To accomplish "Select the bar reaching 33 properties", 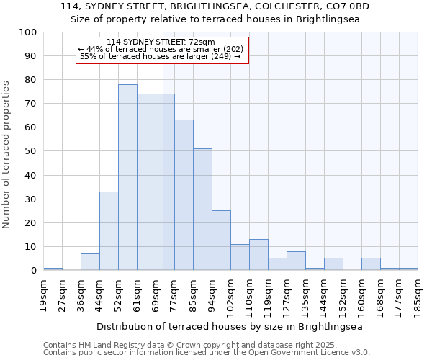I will (x=109, y=230).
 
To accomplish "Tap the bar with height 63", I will (x=184, y=194).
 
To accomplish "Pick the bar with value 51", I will (x=202, y=209).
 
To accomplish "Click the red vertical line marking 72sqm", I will (x=163, y=180).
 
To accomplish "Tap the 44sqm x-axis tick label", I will (x=100, y=295).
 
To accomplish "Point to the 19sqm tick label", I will (x=44, y=295).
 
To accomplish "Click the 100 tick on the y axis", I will (x=28, y=32).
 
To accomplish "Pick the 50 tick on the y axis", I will (x=30, y=151).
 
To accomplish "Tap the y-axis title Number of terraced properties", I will (x=6, y=155).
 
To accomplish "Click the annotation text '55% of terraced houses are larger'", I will (x=160, y=56).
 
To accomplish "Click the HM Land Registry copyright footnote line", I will (x=206, y=345).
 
